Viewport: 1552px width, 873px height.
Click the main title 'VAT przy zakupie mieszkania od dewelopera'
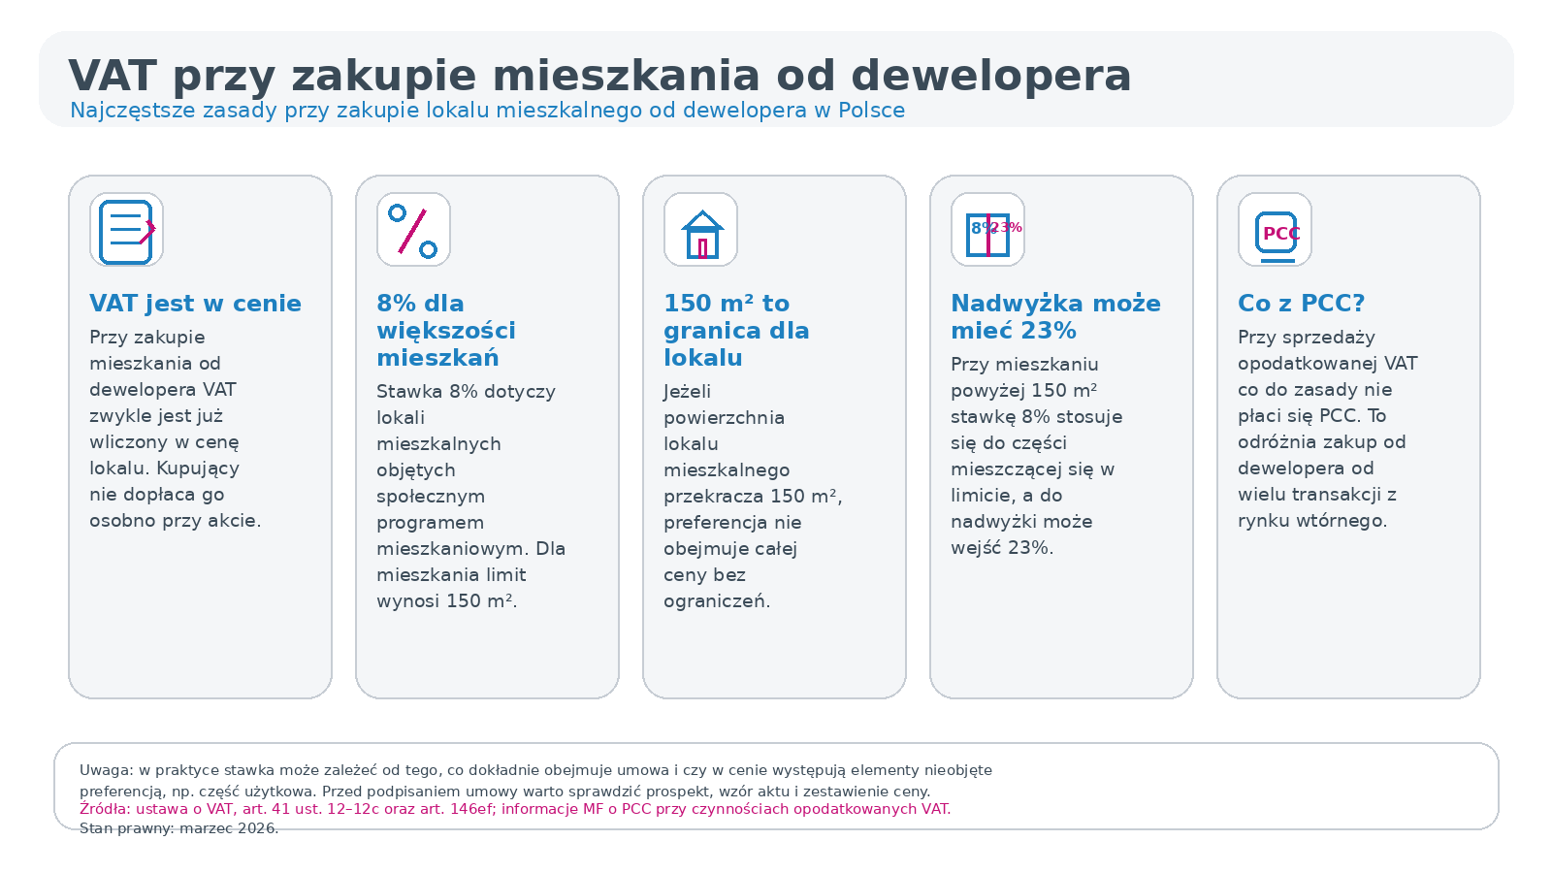click(599, 76)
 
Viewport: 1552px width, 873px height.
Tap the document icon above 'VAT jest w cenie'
click(126, 230)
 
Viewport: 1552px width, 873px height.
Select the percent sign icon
click(413, 230)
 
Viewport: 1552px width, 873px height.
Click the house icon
click(700, 230)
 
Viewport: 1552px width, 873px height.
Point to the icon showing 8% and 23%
click(987, 230)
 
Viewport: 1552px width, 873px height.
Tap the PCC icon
click(1275, 230)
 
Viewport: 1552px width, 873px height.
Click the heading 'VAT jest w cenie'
click(195, 304)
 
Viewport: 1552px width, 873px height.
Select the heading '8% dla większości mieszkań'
click(446, 331)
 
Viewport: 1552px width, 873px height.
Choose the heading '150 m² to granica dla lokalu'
click(736, 331)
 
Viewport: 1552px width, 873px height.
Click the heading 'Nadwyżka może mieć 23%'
click(1055, 317)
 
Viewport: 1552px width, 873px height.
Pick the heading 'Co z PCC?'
click(1301, 304)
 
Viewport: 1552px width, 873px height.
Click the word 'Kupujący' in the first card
click(198, 469)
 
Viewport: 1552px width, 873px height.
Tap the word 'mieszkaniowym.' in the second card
click(452, 549)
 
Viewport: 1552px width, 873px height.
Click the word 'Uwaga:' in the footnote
click(107, 770)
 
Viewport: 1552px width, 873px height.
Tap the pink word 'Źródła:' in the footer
click(105, 809)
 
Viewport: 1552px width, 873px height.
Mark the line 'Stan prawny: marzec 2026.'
click(178, 828)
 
